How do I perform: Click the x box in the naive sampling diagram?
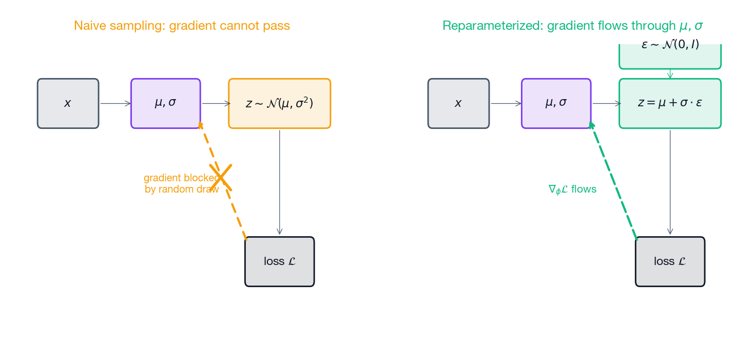pos(68,103)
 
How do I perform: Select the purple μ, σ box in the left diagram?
pos(165,103)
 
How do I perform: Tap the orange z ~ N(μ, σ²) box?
pos(279,103)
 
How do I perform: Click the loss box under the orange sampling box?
pos(279,261)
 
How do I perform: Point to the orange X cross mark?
pos(221,177)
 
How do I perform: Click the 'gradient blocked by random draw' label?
pos(181,183)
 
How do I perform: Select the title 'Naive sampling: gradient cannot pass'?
pos(182,26)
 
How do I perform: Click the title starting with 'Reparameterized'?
pos(572,26)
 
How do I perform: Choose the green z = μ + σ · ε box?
pos(670,103)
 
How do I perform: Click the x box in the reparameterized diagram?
pos(458,103)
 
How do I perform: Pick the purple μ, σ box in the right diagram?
pos(556,103)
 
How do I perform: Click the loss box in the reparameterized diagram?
pos(670,261)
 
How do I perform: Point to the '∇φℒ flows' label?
pos(572,190)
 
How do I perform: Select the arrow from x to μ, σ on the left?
pos(115,103)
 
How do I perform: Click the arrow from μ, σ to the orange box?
pos(215,103)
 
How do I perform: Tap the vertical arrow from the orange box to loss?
pos(279,182)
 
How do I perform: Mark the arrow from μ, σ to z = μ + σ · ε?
pos(606,103)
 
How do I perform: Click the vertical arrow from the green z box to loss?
pos(670,182)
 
